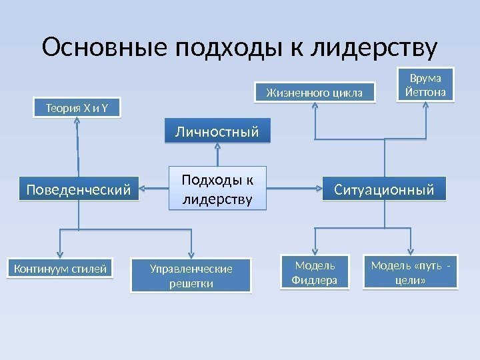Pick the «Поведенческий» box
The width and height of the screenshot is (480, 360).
pyautogui.click(x=78, y=189)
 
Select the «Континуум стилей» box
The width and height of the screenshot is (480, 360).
pyautogui.click(x=60, y=269)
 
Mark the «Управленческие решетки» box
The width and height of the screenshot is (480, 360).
pyautogui.click(x=192, y=275)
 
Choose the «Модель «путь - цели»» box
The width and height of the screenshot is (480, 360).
pyautogui.click(x=411, y=272)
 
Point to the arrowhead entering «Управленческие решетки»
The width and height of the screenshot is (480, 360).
pyautogui.click(x=193, y=253)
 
